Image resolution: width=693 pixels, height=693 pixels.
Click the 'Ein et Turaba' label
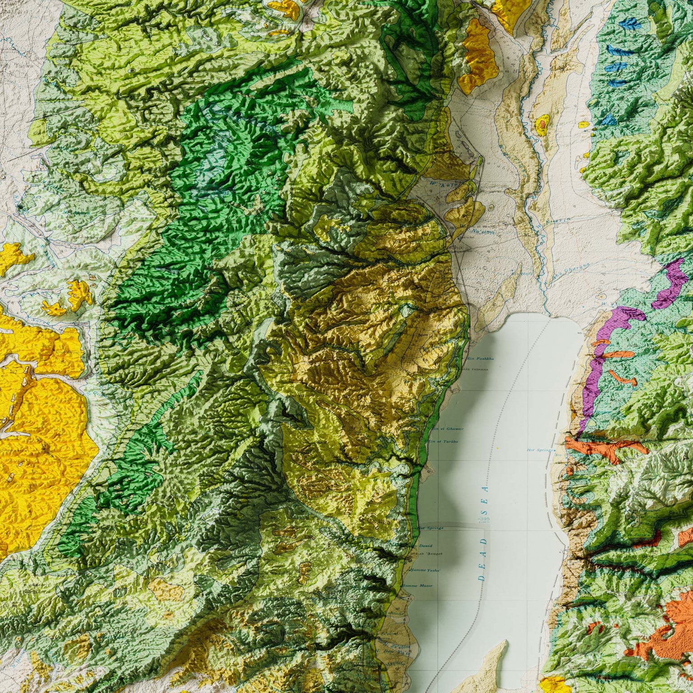tap(444, 441)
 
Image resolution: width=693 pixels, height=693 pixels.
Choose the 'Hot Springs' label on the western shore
tap(430, 527)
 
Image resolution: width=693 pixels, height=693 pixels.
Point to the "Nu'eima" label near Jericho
tap(483, 232)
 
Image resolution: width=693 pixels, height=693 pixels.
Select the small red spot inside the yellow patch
tap(542, 123)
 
